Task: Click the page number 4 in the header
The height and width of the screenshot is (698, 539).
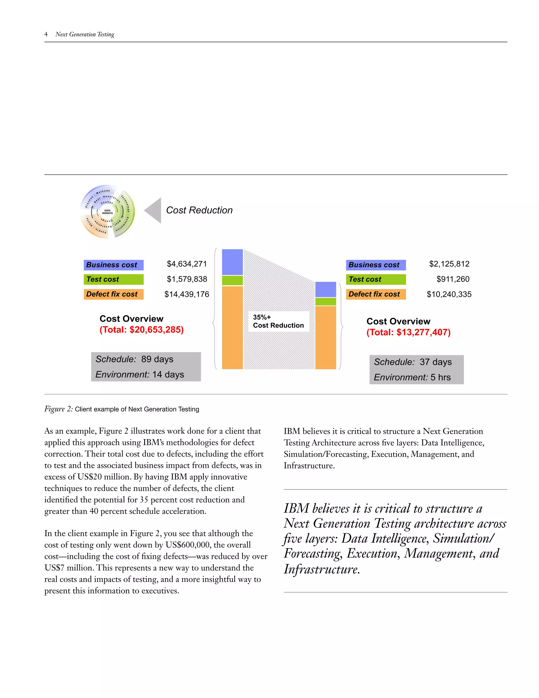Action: pos(46,34)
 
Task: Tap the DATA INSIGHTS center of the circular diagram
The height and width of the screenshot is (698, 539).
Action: pos(107,212)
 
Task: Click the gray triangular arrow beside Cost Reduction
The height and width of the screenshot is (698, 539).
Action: pos(154,210)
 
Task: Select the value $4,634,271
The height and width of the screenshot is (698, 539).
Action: pos(187,264)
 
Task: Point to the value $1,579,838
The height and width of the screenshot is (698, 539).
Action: pos(187,279)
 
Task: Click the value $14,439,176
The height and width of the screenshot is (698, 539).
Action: pos(187,294)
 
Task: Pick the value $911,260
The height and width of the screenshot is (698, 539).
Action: pos(453,279)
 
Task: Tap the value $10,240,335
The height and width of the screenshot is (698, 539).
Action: pos(449,294)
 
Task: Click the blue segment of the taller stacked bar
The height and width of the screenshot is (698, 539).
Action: pos(232,262)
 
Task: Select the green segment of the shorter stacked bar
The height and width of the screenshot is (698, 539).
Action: pos(325,302)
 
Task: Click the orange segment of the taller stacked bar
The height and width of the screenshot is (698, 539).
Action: pos(232,328)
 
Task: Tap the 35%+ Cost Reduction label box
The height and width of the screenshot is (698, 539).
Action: pos(278,321)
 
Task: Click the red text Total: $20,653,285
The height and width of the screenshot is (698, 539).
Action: pos(141,330)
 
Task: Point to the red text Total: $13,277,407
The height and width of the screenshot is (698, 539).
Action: pos(408,332)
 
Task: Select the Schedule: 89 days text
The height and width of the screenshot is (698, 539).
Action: pos(134,359)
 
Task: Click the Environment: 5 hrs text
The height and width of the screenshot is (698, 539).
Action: pos(412,377)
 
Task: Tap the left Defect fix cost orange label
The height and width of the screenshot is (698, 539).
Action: pos(113,294)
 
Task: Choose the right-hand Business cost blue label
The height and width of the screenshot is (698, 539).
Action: pos(376,265)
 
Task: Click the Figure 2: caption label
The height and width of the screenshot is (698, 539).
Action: pos(59,409)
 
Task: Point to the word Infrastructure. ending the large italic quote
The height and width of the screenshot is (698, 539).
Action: pos(322,569)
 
